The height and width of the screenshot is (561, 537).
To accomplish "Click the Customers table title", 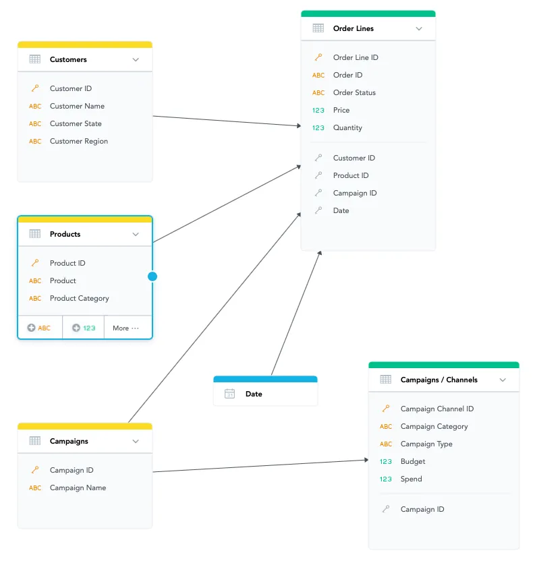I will [68, 59].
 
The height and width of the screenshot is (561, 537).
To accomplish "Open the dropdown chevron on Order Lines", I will [419, 28].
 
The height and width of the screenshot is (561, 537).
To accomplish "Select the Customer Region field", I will [78, 141].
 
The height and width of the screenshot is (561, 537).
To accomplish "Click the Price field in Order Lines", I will [341, 110].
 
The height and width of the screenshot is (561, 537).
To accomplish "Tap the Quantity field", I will [347, 127].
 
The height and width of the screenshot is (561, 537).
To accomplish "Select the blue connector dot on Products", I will [152, 276].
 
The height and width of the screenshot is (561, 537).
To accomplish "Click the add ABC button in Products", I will [39, 328].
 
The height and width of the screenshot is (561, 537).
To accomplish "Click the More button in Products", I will [125, 328].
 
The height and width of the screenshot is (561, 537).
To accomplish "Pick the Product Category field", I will [79, 298].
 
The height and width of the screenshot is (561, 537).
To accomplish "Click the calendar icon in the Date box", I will [230, 394].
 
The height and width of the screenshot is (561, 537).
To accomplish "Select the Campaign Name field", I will [78, 488].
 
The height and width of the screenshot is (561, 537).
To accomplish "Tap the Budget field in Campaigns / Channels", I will [413, 461].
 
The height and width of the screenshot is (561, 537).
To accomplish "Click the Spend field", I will [411, 479].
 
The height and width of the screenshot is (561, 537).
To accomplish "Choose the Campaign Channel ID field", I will [436, 409].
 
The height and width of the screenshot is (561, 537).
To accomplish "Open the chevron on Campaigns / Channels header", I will [503, 380].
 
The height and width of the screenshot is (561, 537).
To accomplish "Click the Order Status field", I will [354, 92].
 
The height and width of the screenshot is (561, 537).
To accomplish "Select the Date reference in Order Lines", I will [341, 210].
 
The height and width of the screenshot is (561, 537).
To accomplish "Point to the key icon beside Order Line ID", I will [318, 57].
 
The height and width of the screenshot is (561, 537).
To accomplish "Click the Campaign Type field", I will [426, 444].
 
